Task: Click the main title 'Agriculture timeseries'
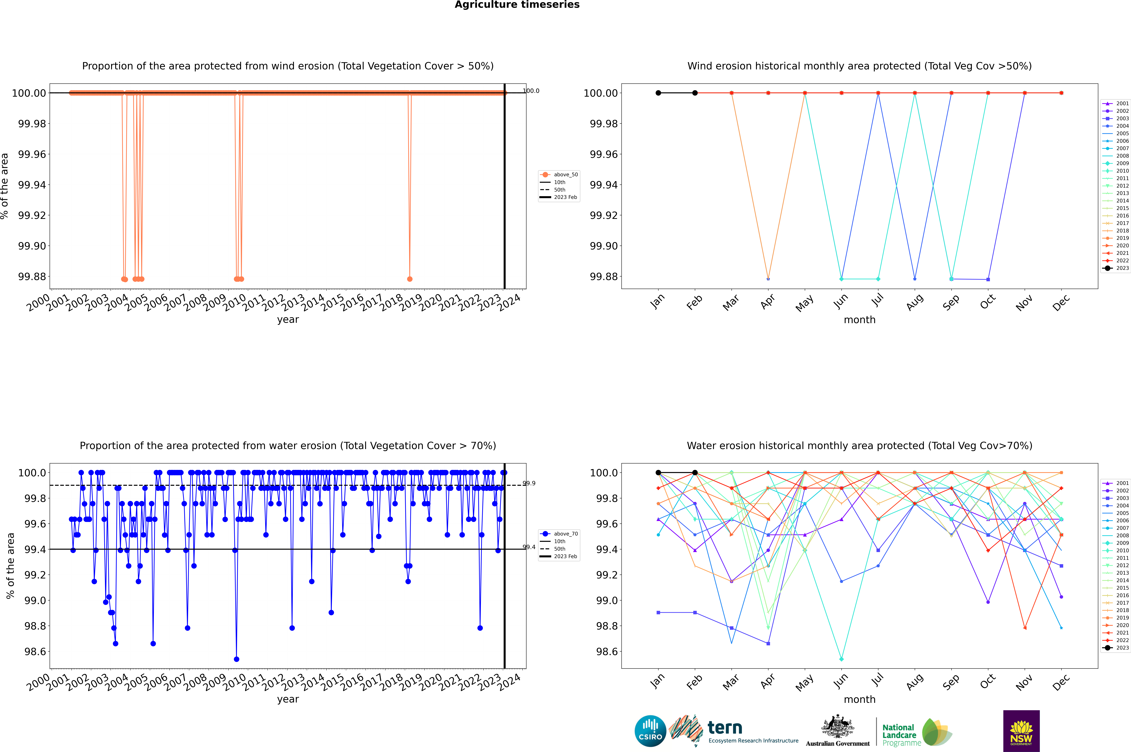(x=517, y=5)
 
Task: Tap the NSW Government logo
(x=1021, y=731)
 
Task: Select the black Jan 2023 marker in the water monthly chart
(x=658, y=472)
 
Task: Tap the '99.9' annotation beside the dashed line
(x=529, y=483)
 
